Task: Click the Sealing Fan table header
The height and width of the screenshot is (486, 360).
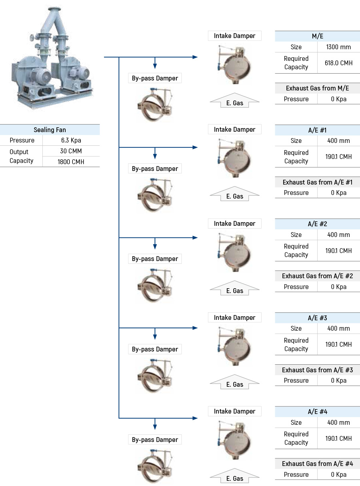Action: [50, 130]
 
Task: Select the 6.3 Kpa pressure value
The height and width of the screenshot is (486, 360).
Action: [71, 140]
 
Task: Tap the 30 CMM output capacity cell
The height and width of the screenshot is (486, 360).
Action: [71, 151]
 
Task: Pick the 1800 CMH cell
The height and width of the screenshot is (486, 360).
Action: [71, 162]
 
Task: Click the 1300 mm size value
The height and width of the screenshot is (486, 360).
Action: [338, 47]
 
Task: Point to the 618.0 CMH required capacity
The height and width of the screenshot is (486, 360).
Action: [338, 63]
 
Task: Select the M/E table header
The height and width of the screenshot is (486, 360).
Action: [318, 36]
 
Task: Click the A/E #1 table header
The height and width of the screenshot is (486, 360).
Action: [318, 130]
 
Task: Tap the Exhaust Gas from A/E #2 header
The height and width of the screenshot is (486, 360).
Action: [318, 276]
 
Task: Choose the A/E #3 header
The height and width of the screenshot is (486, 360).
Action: [318, 318]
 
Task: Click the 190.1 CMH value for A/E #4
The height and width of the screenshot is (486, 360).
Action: [338, 438]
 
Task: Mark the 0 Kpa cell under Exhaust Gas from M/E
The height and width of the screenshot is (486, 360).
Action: [338, 99]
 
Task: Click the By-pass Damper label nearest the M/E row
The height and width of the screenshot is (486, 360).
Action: [155, 78]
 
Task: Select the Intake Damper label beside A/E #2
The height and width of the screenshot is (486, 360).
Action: [234, 223]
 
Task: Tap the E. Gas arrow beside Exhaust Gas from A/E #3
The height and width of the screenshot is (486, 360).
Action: [234, 382]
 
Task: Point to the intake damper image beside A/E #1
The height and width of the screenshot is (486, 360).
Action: [234, 157]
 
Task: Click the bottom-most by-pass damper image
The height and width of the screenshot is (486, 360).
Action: [155, 466]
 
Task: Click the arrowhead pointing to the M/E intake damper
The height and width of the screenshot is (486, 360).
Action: [195, 57]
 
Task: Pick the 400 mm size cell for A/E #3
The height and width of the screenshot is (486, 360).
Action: [338, 328]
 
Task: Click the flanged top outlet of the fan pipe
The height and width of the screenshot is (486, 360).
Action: [54, 10]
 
